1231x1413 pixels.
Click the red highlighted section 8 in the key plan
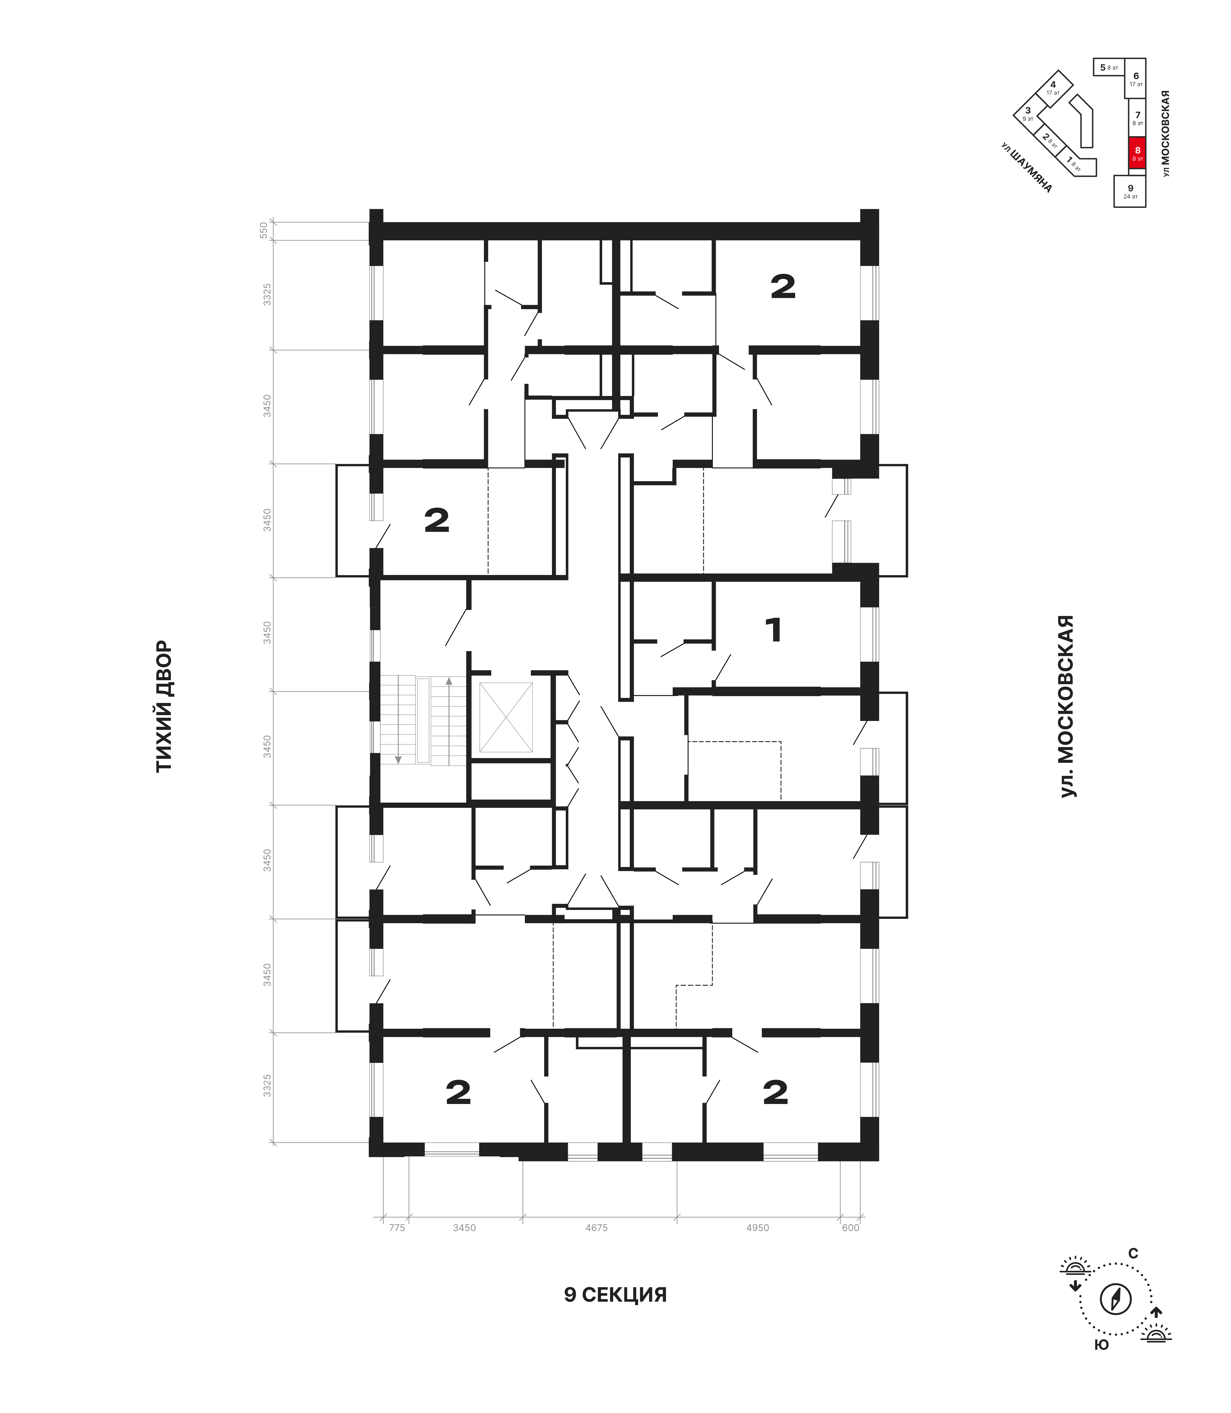(x=1137, y=152)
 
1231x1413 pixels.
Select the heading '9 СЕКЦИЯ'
(x=616, y=1295)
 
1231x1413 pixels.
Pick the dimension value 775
(x=397, y=1228)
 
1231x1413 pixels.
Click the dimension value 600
(x=850, y=1228)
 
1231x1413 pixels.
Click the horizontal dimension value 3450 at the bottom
(x=464, y=1228)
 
